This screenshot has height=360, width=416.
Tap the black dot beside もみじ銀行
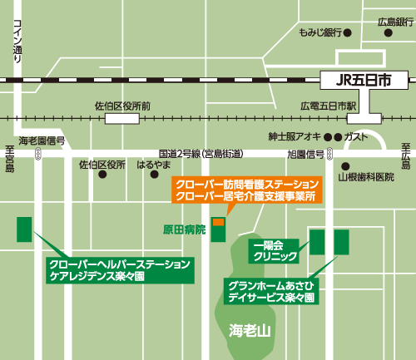(x=348, y=33)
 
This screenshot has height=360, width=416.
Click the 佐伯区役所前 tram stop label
(x=123, y=106)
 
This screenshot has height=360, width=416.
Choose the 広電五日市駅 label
(x=328, y=107)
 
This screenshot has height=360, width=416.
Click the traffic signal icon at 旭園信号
(x=330, y=154)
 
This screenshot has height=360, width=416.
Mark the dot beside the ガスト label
(x=338, y=136)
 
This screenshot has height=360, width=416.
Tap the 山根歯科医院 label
(x=365, y=177)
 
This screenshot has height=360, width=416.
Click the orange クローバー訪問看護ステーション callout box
(x=245, y=190)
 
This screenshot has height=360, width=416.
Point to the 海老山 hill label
(x=250, y=330)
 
